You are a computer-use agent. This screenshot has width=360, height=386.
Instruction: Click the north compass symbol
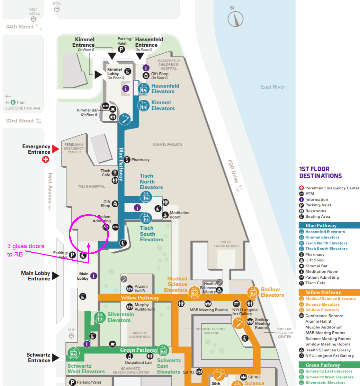[x=236, y=17]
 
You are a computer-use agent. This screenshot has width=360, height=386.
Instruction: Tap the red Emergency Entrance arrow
[x=55, y=149]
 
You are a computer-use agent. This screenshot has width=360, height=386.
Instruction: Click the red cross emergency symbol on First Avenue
[x=45, y=160]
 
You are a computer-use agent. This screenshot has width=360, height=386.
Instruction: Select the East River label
[x=273, y=87]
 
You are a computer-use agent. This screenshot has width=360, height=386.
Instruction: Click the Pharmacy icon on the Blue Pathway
[x=127, y=160]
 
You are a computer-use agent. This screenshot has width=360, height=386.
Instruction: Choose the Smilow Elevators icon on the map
[x=253, y=293]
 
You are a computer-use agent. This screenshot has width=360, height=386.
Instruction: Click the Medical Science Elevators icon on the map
[x=194, y=293]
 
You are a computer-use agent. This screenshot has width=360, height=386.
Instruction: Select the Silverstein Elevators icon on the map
[x=100, y=317]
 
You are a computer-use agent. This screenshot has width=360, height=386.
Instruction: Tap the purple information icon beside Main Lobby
[x=93, y=276]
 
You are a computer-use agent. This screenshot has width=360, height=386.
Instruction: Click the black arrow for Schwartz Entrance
[x=55, y=358]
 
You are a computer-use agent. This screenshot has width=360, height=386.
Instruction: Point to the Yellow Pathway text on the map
[x=140, y=298]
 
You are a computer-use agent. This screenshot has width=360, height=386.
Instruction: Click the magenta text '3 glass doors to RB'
[x=26, y=250]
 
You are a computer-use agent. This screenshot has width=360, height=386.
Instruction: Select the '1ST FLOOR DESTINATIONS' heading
[x=320, y=172]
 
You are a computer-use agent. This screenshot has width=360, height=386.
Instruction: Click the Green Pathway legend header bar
[x=329, y=365]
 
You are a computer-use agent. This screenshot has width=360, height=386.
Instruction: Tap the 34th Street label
[x=20, y=27]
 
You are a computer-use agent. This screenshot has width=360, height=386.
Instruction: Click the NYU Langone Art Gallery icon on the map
[x=236, y=304]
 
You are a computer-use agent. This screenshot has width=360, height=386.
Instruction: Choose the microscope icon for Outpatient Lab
[x=130, y=356]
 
